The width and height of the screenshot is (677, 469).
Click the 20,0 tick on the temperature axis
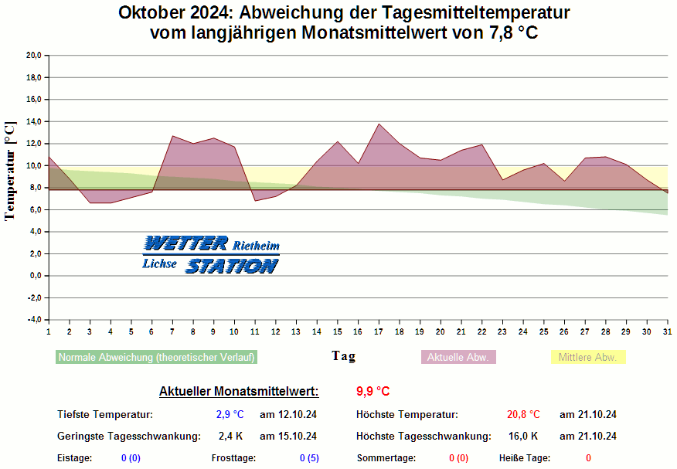[33, 56]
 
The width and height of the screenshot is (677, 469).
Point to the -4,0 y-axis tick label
[33, 320]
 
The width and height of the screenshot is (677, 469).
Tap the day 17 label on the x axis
[379, 331]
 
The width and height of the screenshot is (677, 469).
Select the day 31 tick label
[667, 331]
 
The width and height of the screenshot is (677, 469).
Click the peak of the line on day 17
[379, 124]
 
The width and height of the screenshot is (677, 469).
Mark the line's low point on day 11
[255, 201]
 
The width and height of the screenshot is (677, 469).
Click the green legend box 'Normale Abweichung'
[156, 358]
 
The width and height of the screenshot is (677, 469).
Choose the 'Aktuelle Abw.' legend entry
[458, 358]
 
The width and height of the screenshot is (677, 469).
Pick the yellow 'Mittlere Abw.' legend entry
[587, 358]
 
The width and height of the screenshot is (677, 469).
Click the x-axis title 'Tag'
[344, 355]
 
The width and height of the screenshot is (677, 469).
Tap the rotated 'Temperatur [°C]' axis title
[10, 171]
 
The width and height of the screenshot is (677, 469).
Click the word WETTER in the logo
[185, 244]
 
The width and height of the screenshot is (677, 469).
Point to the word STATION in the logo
[231, 266]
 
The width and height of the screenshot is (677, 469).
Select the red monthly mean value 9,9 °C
[373, 391]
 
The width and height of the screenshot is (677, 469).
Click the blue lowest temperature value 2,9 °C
[230, 415]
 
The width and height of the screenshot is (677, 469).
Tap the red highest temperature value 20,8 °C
[523, 415]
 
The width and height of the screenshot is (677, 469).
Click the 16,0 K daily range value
[523, 437]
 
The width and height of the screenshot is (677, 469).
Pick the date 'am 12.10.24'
[287, 415]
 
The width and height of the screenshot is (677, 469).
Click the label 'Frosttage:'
[233, 458]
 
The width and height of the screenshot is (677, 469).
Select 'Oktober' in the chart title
[154, 13]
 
